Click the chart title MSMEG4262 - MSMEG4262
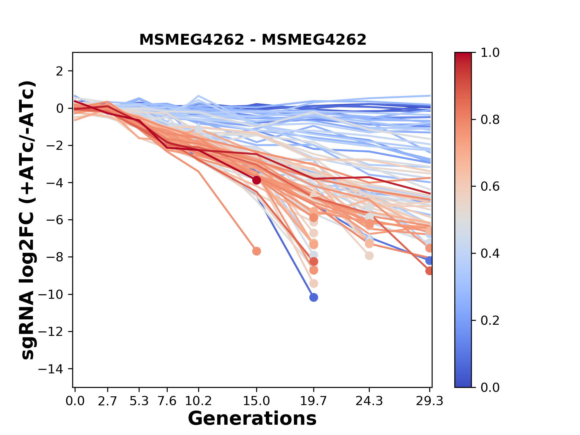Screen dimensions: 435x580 253,40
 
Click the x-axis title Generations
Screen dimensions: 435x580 252,419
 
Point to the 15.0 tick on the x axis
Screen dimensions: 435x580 256,401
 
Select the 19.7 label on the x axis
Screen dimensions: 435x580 314,401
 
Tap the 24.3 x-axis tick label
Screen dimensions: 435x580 369,401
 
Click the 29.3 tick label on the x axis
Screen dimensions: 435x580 430,401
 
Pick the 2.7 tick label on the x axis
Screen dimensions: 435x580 108,401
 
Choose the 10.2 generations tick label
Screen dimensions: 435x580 198,401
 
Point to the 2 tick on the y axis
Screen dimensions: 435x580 60,71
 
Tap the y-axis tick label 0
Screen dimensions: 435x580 60,108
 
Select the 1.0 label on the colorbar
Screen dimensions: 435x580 490,53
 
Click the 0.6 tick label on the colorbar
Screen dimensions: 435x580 490,186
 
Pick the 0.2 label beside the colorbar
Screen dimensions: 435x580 490,320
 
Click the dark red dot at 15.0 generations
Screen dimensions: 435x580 256,180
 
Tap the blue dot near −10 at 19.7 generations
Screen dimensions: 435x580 314,298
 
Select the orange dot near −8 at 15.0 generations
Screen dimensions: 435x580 256,251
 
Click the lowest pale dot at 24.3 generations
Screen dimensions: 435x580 369,256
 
